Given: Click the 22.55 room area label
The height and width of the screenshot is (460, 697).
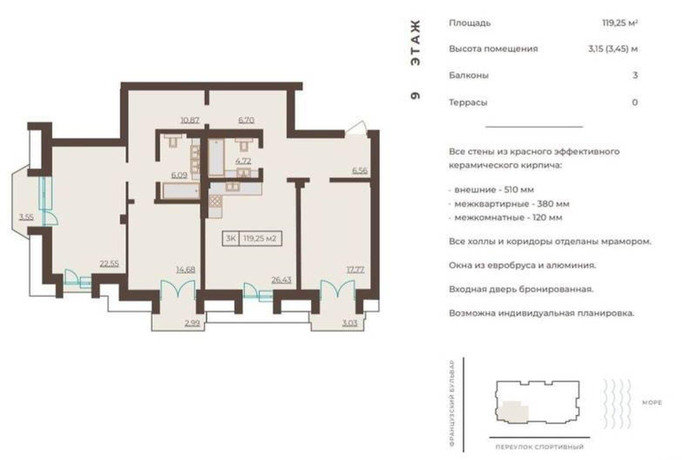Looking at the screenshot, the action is click(x=109, y=264).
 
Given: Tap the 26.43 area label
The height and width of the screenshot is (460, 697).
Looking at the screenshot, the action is click(x=281, y=280).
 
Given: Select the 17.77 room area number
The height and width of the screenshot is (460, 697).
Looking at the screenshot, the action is click(x=355, y=270).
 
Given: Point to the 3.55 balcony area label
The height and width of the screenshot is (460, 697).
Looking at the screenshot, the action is click(x=26, y=216).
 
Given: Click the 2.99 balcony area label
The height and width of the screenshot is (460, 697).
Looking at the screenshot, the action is click(x=192, y=323).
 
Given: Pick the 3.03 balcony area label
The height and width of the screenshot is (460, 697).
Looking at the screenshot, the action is click(x=350, y=323).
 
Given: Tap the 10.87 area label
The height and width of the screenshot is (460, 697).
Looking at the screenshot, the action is click(x=190, y=120).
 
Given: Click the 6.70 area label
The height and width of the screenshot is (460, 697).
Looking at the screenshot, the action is click(x=246, y=120).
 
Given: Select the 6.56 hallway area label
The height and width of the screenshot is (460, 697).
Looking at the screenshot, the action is click(x=360, y=171).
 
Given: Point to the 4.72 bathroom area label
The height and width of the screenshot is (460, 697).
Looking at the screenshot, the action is click(x=243, y=161).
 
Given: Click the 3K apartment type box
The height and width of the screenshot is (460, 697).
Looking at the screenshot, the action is click(x=230, y=239).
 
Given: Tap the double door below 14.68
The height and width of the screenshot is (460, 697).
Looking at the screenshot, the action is click(x=178, y=289).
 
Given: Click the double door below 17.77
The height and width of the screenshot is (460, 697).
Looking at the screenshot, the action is click(x=338, y=289).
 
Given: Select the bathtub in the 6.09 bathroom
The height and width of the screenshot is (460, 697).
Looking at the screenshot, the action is click(x=181, y=191).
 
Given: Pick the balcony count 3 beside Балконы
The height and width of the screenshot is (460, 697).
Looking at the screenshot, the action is click(x=635, y=75).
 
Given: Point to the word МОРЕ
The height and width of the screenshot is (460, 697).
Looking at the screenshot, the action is click(x=652, y=403).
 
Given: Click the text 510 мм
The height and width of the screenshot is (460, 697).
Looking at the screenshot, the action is click(x=518, y=189).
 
